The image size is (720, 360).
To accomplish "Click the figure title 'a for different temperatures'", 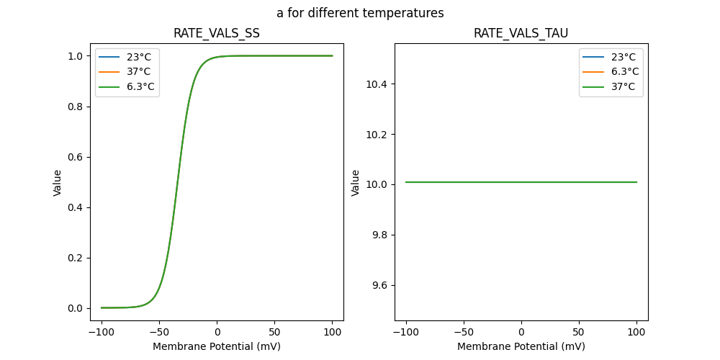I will click(x=360, y=13).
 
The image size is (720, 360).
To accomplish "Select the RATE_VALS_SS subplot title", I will click(x=216, y=33).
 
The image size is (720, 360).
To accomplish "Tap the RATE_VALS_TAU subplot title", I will click(x=521, y=33).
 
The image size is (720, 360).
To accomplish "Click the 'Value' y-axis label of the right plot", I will click(x=355, y=182).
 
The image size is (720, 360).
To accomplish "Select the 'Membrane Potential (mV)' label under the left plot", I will click(x=216, y=346).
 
